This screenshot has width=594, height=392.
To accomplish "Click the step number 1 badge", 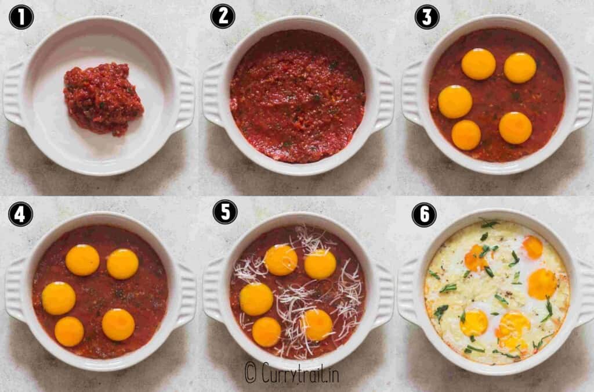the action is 21,17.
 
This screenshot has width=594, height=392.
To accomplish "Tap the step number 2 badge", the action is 223,16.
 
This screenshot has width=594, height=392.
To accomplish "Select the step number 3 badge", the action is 427,17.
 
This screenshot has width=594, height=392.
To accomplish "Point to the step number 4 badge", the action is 20,214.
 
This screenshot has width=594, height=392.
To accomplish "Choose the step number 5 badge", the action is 225,211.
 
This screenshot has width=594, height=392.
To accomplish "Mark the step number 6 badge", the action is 424,214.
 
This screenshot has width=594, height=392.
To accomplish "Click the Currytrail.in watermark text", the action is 292,373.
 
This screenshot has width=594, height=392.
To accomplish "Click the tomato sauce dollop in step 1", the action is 103,99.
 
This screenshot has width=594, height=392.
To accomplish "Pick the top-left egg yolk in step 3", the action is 479,64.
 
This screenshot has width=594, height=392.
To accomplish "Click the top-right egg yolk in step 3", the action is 520,68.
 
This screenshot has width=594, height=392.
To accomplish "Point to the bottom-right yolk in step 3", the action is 516,128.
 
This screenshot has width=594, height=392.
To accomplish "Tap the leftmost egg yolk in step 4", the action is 59,299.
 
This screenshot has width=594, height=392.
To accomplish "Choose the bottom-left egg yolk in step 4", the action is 69,332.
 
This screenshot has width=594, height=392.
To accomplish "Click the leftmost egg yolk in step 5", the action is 256,299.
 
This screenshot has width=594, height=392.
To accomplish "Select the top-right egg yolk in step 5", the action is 320,264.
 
